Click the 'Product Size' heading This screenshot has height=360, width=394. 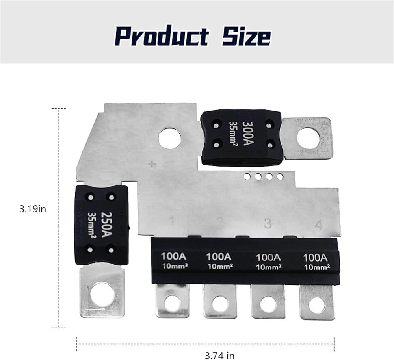(193, 36)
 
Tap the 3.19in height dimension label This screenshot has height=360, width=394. (33, 209)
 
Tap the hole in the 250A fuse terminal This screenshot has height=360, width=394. (102, 293)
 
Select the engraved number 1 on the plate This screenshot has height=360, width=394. (172, 221)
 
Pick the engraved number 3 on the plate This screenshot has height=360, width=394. (268, 223)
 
